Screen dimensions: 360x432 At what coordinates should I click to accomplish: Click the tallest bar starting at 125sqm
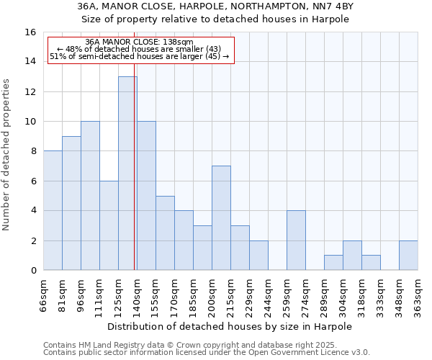(x=127, y=174)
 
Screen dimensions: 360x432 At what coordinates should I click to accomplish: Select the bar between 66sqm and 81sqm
(x=53, y=210)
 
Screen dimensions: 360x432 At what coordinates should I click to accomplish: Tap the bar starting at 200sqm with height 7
(x=221, y=218)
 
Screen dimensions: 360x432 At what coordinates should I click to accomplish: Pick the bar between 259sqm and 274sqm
(x=296, y=240)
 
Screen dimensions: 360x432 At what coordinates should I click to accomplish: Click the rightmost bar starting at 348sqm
(x=408, y=256)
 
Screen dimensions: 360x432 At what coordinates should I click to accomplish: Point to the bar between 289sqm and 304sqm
(x=333, y=263)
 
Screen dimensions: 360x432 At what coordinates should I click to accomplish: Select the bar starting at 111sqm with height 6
(x=109, y=225)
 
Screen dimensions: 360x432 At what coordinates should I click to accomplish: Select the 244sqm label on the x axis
(x=268, y=294)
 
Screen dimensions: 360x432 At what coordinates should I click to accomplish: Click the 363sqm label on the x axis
(x=418, y=294)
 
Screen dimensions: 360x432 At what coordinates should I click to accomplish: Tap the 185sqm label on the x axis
(x=193, y=294)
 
